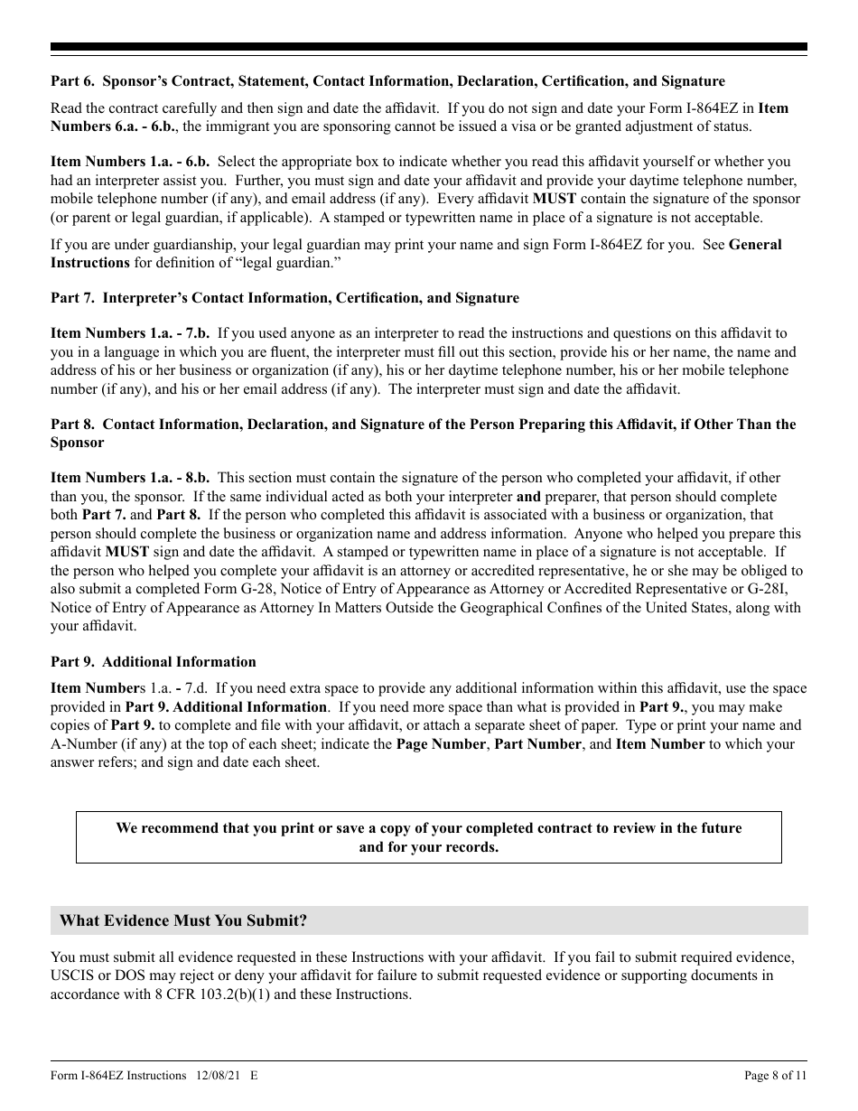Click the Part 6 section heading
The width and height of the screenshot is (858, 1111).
coord(387,81)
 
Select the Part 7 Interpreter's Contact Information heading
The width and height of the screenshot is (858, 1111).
coord(284,297)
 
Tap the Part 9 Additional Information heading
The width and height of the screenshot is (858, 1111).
coord(154,662)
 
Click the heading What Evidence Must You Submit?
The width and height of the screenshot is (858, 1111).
coord(183,920)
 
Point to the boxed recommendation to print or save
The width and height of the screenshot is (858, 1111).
coord(428,837)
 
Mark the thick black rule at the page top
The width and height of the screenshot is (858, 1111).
coord(428,47)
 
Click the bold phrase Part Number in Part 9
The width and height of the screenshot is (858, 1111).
coord(538,743)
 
